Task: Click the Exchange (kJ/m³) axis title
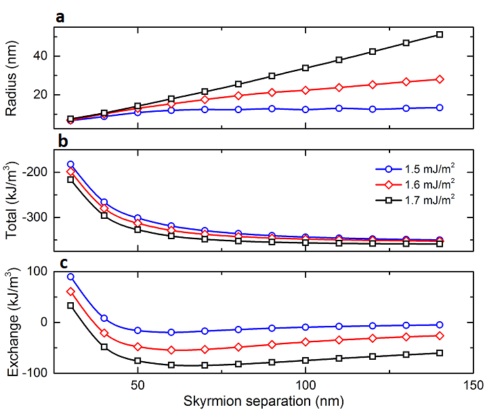pyautogui.click(x=12, y=320)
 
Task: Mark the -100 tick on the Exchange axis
pyautogui.click(x=32, y=372)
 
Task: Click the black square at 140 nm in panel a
pyautogui.click(x=440, y=35)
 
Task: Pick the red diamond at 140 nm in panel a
pyautogui.click(x=440, y=79)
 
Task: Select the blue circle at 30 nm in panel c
pyautogui.click(x=70, y=276)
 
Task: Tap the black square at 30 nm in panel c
pyautogui.click(x=70, y=306)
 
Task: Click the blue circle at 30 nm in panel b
pyautogui.click(x=70, y=165)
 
